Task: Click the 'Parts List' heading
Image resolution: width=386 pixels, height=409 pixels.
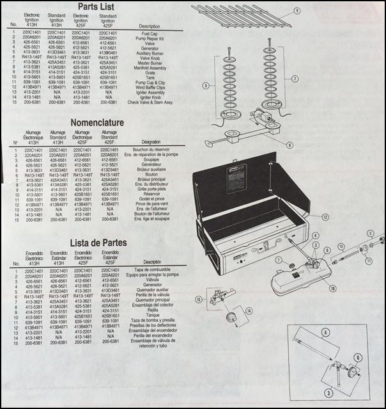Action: click(x=96, y=8)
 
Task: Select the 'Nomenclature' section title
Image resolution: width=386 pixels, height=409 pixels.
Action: click(x=96, y=124)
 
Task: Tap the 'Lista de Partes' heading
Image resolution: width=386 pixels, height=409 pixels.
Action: click(x=96, y=243)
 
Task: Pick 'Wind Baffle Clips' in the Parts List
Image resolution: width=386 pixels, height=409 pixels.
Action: click(x=148, y=86)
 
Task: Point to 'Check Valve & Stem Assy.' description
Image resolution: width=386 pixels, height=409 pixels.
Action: click(x=151, y=102)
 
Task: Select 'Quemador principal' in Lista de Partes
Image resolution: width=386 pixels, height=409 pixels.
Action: click(x=153, y=300)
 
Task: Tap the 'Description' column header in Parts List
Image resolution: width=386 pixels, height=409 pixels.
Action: click(x=148, y=26)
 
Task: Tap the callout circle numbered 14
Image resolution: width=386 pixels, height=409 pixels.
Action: click(x=249, y=310)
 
